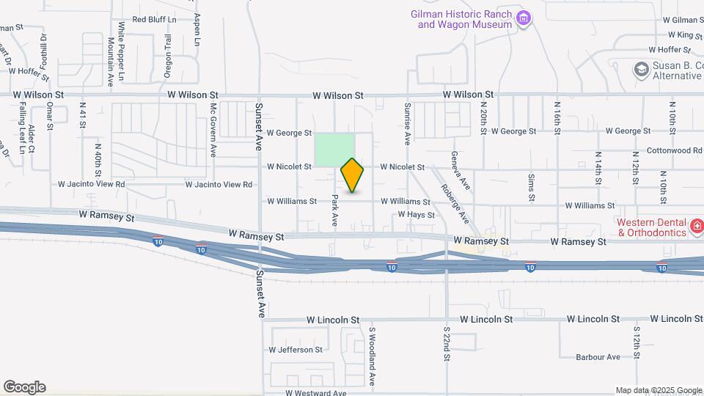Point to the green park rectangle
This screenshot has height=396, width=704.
335,150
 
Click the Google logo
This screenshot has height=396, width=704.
24,387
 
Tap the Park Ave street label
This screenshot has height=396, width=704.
334,210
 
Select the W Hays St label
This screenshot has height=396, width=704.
417,215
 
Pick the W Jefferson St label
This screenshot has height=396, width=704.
296,350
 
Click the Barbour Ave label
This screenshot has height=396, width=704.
598,357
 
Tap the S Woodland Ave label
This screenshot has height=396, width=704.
372,356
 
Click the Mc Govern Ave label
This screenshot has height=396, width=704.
213,129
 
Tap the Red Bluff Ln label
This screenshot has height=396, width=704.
155,20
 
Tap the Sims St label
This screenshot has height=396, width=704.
531,189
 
